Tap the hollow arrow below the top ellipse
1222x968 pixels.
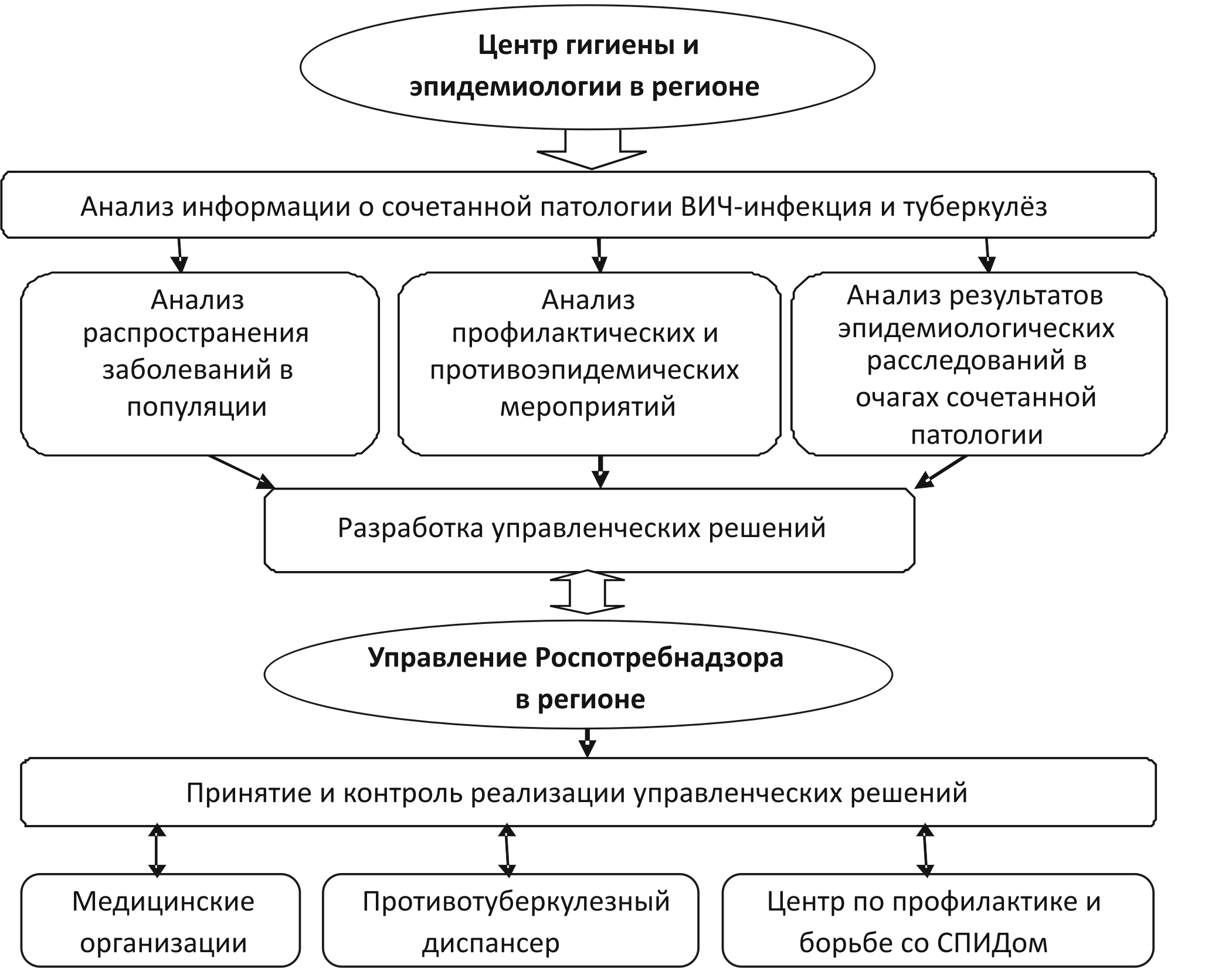(x=592, y=151)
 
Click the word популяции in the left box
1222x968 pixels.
(x=196, y=406)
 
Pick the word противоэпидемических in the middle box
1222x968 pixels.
(x=584, y=371)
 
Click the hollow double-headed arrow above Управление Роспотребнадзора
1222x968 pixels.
(x=587, y=592)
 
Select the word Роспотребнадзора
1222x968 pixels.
(x=658, y=658)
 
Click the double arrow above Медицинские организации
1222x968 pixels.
(x=157, y=850)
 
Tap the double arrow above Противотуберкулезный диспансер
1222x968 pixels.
(x=507, y=850)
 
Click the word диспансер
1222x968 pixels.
(x=491, y=943)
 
